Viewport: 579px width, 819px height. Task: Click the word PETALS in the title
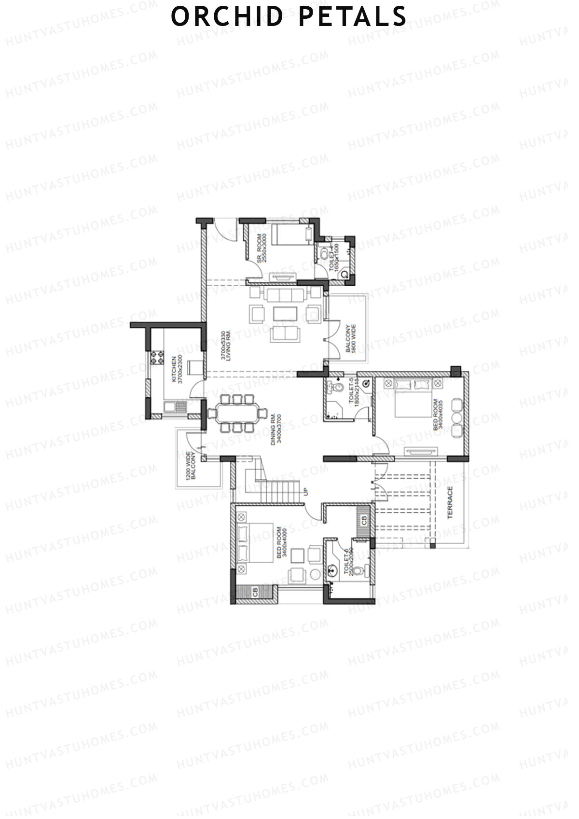coord(352,16)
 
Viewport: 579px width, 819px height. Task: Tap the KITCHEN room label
coord(177,369)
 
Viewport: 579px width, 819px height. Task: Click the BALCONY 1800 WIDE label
coord(351,339)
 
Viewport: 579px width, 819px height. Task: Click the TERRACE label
coord(450,502)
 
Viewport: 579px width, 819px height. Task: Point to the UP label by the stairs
coord(306,492)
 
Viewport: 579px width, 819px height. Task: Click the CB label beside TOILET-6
coord(364,521)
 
